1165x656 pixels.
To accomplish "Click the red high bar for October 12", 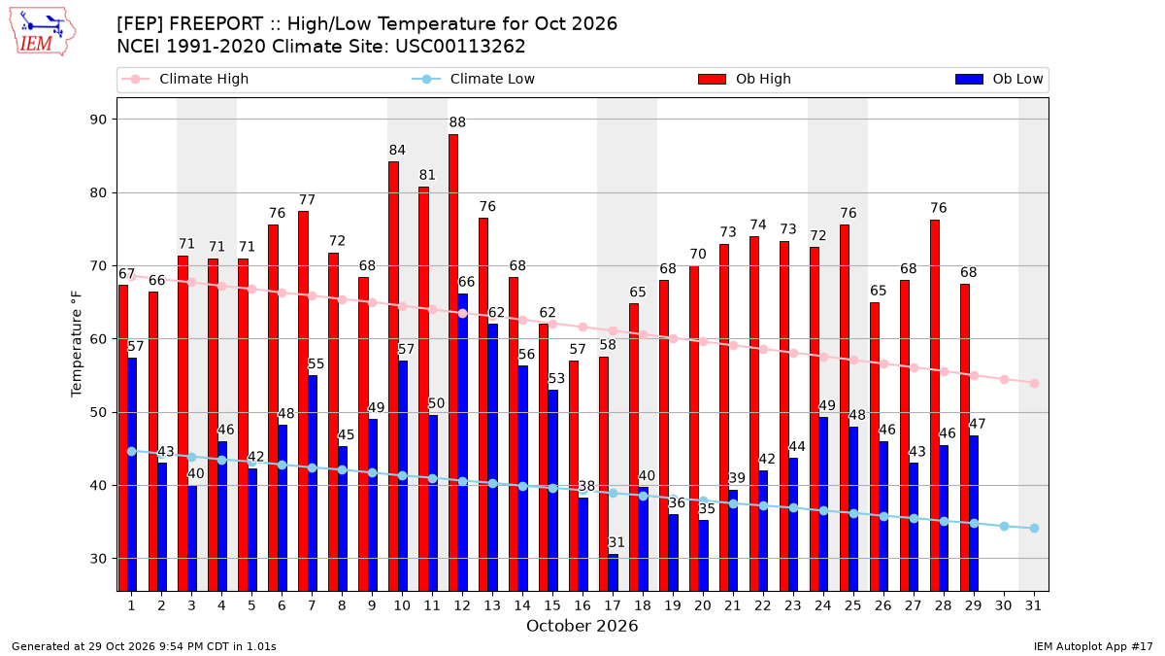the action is click(453, 363).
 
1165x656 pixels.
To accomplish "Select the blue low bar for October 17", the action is click(614, 572).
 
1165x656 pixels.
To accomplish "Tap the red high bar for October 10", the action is click(393, 376).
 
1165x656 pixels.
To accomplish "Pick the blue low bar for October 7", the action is click(312, 483).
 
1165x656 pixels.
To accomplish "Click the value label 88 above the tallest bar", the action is click(457, 122).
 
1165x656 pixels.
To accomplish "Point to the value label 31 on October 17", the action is click(616, 542).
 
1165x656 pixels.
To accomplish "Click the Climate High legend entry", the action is click(184, 79).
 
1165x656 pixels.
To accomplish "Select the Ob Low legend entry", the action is click(999, 79).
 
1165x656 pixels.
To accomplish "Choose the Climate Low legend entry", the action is click(474, 79).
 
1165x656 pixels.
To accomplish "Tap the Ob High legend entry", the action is click(745, 79).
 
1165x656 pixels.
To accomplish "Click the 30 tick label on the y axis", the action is click(98, 559).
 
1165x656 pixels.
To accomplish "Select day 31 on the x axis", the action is click(1033, 605).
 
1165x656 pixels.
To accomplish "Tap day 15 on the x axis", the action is click(552, 605).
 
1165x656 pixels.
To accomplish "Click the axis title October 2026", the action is click(582, 626).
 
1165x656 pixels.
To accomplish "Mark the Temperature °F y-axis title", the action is click(77, 344).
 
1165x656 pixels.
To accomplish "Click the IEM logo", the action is click(42, 32).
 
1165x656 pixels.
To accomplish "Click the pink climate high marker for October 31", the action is click(1034, 384).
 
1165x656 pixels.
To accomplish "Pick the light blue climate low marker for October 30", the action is click(1004, 527).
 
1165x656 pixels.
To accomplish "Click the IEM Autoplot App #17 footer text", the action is click(1093, 646).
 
